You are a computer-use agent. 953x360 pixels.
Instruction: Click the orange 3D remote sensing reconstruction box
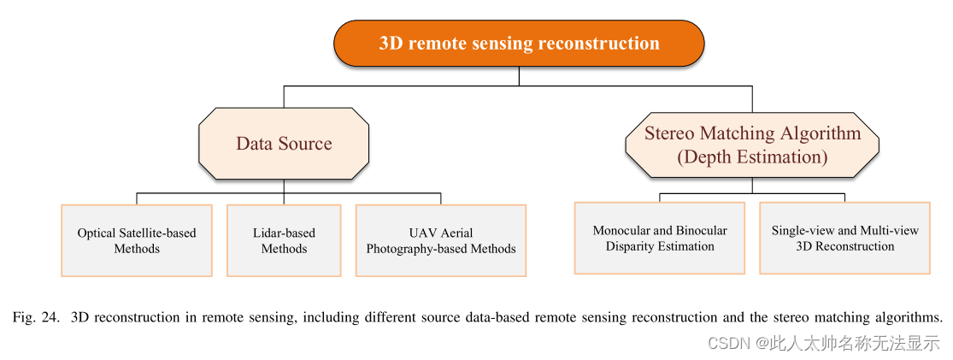pyautogui.click(x=519, y=44)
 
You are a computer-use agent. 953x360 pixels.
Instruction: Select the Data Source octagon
pyautogui.click(x=284, y=144)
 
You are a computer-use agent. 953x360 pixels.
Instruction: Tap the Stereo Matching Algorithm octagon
pyautogui.click(x=752, y=145)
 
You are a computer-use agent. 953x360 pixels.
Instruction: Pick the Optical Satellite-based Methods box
pyautogui.click(x=137, y=240)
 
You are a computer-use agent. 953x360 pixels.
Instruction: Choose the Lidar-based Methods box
pyautogui.click(x=284, y=240)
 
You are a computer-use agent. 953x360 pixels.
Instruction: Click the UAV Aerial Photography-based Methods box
pyautogui.click(x=441, y=240)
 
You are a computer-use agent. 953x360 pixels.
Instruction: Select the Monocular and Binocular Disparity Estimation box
pyautogui.click(x=660, y=238)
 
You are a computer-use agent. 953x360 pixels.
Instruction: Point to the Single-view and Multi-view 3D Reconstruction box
pyautogui.click(x=844, y=238)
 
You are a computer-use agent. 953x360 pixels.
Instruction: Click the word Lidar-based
pyautogui.click(x=284, y=233)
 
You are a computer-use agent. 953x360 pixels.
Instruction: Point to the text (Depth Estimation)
pyautogui.click(x=752, y=157)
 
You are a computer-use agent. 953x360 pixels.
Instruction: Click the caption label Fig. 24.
pyautogui.click(x=35, y=317)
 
